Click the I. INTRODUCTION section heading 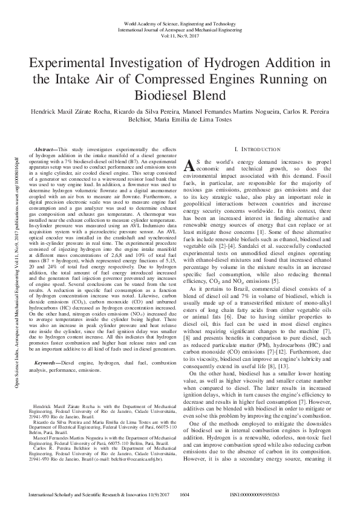[257, 149]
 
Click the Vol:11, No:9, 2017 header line [180, 35]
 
